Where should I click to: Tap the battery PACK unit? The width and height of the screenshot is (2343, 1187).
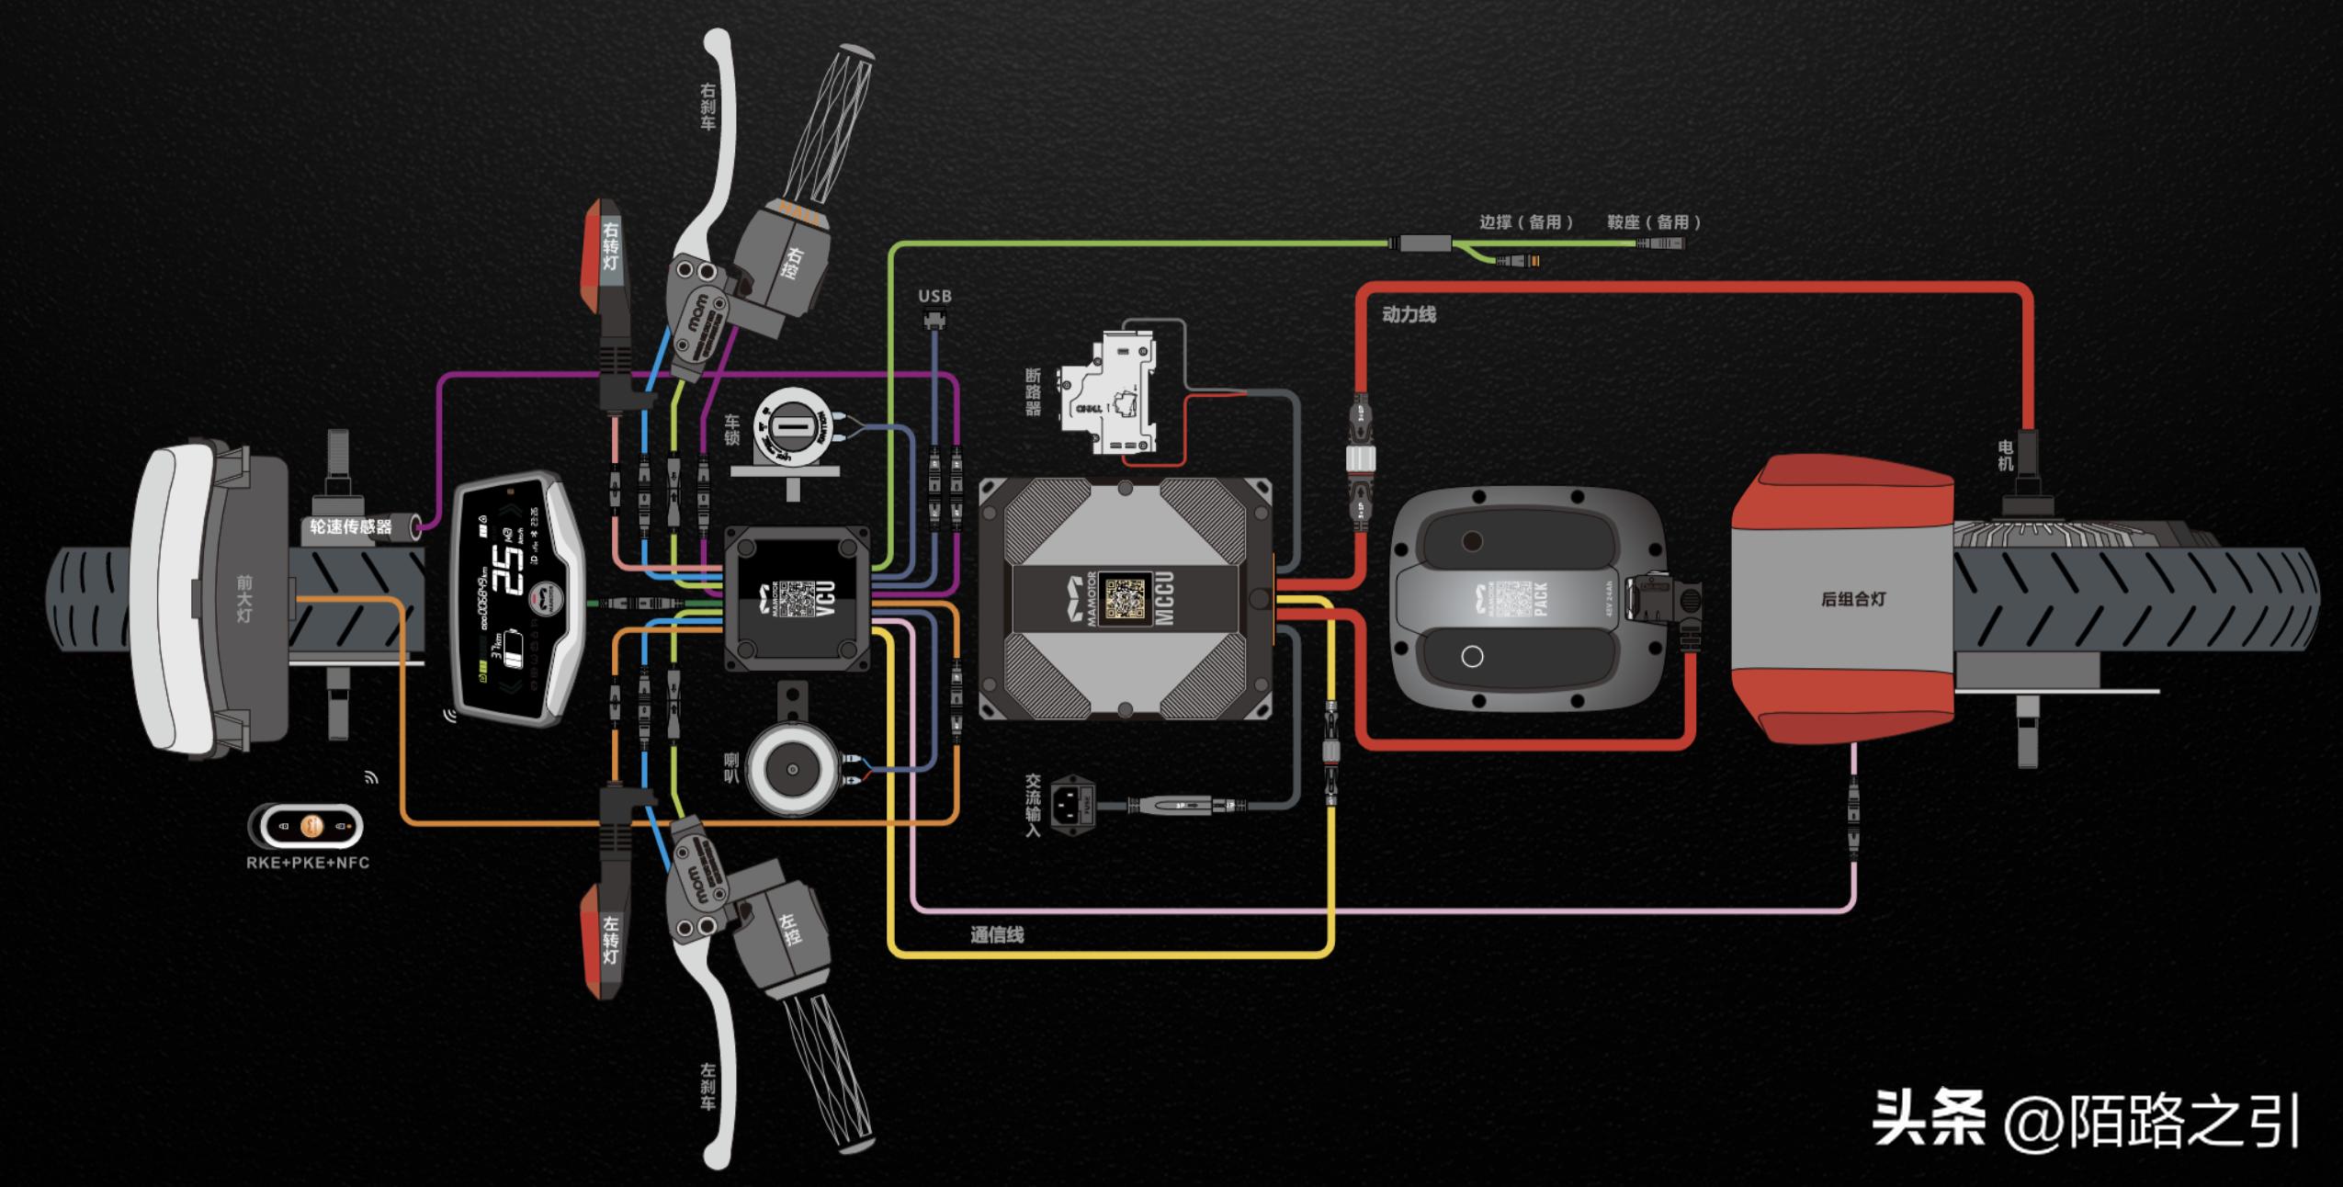click(x=1525, y=602)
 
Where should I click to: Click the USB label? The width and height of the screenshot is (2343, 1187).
click(x=934, y=296)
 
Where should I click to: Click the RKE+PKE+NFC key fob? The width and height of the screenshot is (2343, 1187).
click(x=307, y=826)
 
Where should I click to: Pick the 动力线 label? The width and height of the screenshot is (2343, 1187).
click(x=1408, y=314)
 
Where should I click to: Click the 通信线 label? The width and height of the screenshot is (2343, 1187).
click(x=997, y=935)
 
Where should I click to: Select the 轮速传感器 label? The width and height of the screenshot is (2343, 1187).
click(x=351, y=526)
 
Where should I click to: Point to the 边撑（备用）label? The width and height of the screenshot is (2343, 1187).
click(x=1525, y=221)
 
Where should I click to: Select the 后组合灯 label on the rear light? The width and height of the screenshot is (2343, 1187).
click(x=1852, y=599)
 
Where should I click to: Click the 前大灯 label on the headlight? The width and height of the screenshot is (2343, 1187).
click(x=243, y=597)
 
